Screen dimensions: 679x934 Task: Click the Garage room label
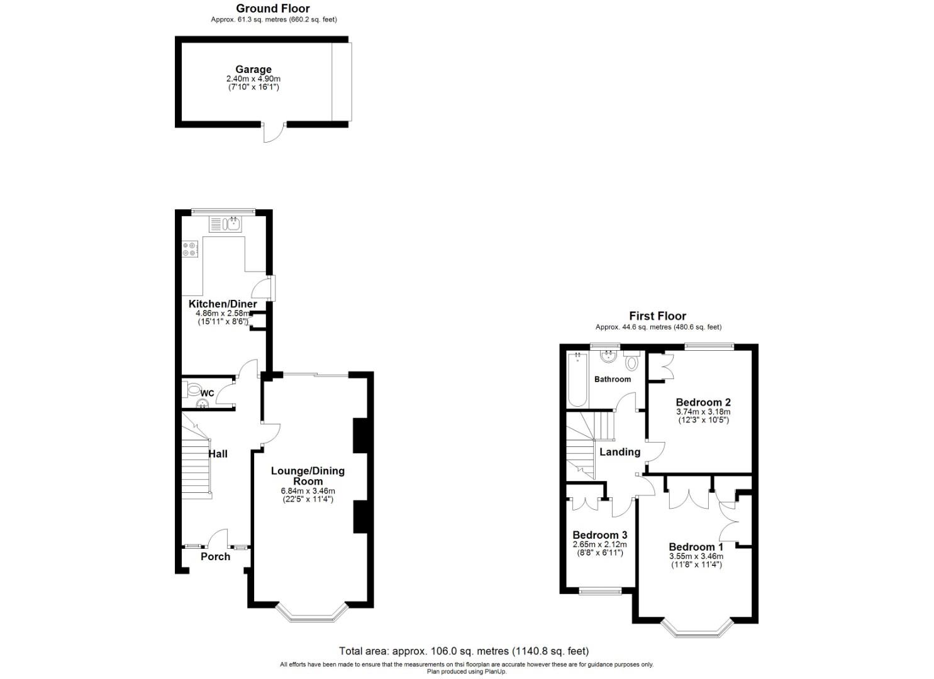click(x=253, y=70)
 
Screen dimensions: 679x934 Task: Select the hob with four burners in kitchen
click(x=190, y=250)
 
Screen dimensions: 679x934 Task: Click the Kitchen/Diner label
click(x=223, y=304)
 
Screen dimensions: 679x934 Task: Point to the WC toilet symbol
click(x=193, y=390)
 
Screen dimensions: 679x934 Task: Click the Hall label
click(x=218, y=454)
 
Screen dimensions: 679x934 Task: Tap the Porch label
click(x=215, y=556)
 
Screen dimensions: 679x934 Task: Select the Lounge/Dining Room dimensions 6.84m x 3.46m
click(x=308, y=491)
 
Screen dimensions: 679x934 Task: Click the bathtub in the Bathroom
click(x=576, y=380)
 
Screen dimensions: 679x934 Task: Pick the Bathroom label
click(x=612, y=379)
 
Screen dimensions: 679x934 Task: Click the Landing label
click(x=620, y=452)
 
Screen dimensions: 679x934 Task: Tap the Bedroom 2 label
click(x=703, y=402)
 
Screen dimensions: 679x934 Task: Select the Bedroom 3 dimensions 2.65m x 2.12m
click(x=599, y=544)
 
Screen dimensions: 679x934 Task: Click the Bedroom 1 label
click(x=696, y=547)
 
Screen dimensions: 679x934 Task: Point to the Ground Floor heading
click(x=273, y=9)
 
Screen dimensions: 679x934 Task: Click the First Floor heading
click(x=658, y=316)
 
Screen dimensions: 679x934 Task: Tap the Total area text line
click(x=464, y=651)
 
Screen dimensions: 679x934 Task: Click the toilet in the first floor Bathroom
click(x=631, y=362)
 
